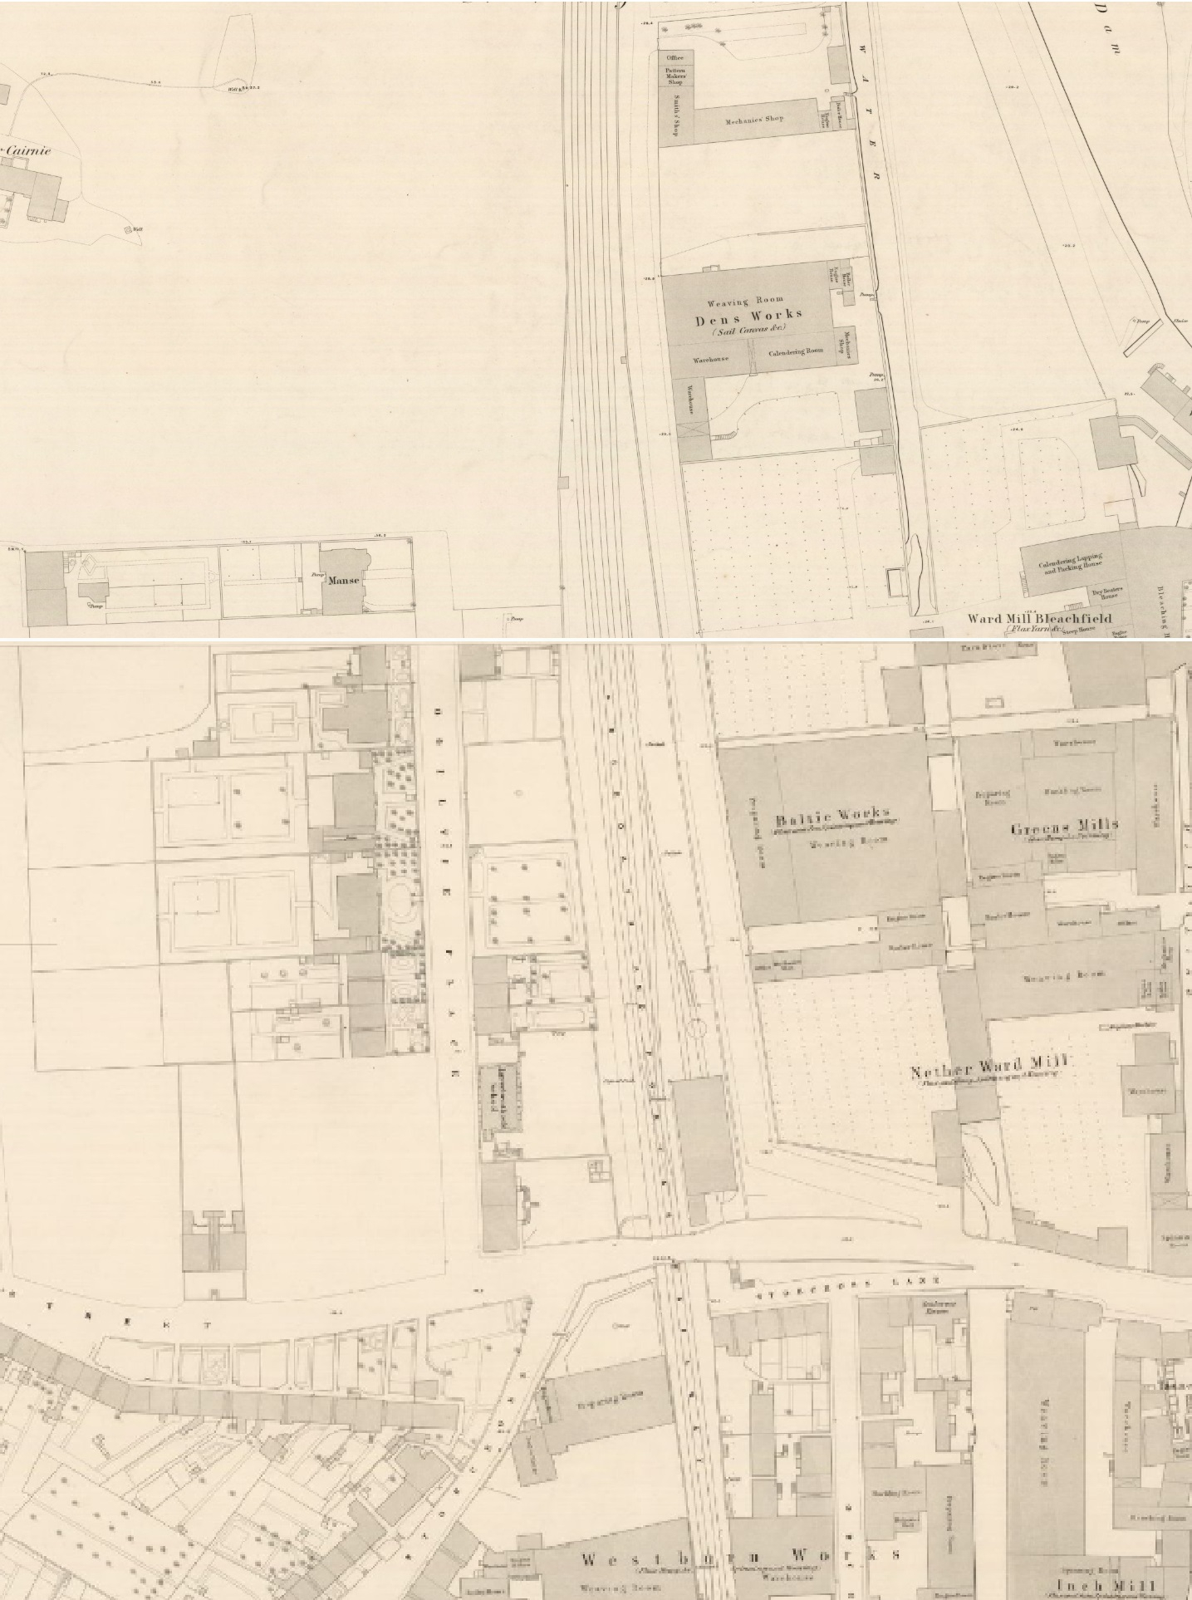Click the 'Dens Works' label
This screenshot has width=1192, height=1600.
(748, 315)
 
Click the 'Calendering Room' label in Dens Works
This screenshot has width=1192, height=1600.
(795, 352)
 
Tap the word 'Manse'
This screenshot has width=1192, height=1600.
(342, 580)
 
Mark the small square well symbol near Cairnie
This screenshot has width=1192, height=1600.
(127, 230)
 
